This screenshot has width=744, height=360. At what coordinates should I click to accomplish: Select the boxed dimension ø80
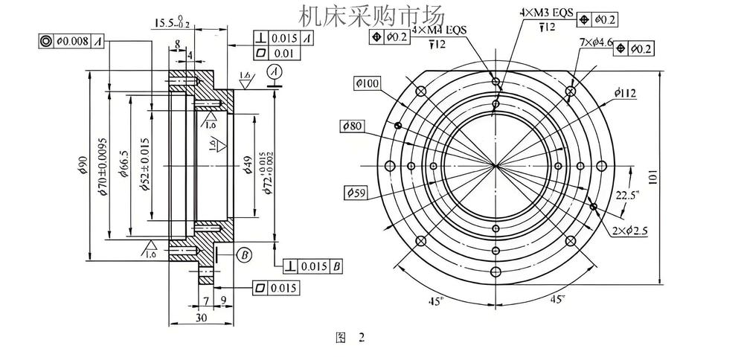[x=352, y=126]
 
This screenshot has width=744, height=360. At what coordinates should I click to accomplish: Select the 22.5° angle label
[x=626, y=196]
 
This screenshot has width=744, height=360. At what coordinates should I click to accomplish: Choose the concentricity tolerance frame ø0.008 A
[x=72, y=42]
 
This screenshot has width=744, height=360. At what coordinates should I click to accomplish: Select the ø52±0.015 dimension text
[x=146, y=165]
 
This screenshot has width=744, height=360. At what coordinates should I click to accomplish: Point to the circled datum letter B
[x=245, y=254]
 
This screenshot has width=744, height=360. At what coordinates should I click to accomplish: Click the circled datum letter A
[x=275, y=71]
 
